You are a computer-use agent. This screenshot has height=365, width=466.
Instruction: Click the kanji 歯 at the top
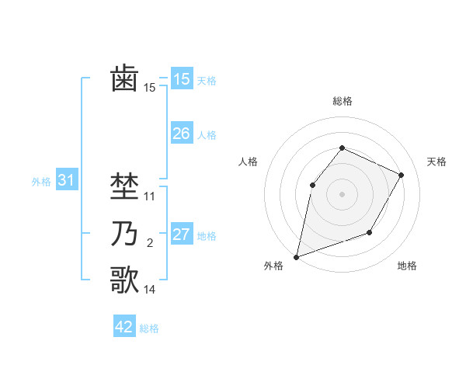[124, 79]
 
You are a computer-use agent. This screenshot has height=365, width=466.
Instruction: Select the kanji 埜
[124, 186]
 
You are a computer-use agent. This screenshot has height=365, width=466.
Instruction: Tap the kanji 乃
[124, 235]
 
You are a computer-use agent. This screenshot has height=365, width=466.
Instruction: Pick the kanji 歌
[124, 280]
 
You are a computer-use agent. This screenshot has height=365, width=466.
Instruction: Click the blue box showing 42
[124, 327]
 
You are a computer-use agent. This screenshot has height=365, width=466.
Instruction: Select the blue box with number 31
[66, 181]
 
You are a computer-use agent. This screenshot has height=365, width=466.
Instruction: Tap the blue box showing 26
[181, 134]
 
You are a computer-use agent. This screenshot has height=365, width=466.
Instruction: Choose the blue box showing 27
[181, 235]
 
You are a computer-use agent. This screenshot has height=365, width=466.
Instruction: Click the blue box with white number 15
[181, 79]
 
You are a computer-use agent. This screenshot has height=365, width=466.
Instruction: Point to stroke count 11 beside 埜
[150, 196]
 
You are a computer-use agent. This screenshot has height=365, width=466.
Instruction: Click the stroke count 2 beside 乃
[150, 244]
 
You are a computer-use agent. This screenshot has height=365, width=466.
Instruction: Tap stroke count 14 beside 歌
[150, 290]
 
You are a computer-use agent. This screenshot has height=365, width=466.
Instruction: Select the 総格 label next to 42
[149, 328]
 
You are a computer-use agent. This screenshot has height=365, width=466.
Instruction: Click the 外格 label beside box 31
[41, 182]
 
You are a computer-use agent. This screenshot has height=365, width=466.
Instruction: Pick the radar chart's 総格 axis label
[342, 101]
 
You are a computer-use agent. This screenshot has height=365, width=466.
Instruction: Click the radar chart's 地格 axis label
[407, 266]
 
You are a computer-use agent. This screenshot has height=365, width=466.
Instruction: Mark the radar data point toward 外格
[296, 256]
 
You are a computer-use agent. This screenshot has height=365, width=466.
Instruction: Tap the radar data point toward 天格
[402, 175]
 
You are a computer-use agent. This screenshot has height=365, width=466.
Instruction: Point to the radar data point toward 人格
[312, 185]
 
